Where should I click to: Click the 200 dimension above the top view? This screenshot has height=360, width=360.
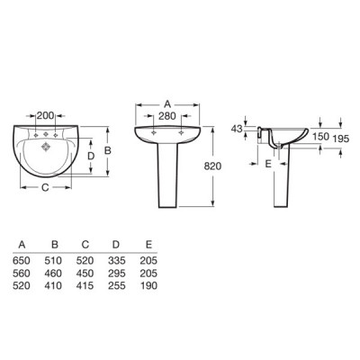(x=45, y=115)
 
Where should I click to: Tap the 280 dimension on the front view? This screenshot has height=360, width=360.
(x=167, y=116)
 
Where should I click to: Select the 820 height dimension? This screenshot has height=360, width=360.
(x=212, y=166)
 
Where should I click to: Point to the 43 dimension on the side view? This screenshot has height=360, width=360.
(x=237, y=129)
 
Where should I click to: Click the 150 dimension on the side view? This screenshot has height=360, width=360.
(x=320, y=137)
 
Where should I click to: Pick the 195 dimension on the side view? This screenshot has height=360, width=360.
(x=341, y=139)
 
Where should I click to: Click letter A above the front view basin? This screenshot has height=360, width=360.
(x=167, y=104)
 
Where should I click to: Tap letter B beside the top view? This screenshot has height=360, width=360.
(x=107, y=150)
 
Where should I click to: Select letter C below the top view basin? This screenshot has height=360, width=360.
(x=45, y=188)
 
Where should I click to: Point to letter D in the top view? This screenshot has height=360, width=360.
(x=91, y=156)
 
